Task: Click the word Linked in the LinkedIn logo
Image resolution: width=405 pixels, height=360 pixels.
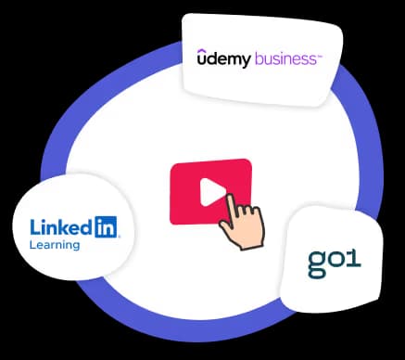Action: pos(60,226)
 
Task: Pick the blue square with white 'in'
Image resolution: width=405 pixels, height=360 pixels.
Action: pos(106,225)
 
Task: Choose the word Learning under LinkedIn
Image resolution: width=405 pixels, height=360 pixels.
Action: pos(55,246)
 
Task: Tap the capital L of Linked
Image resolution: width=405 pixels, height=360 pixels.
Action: pos(35,226)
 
